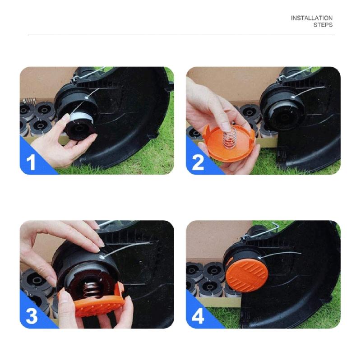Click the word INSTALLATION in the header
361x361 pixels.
click(x=311, y=18)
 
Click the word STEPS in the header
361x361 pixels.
click(x=323, y=25)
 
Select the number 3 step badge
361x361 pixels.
click(x=31, y=316)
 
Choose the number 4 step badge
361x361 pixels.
click(x=198, y=316)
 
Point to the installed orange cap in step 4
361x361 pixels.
click(x=246, y=273)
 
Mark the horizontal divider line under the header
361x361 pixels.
click(x=180, y=35)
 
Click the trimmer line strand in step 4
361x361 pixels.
click(x=289, y=253)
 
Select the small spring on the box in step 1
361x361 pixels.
click(x=29, y=101)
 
